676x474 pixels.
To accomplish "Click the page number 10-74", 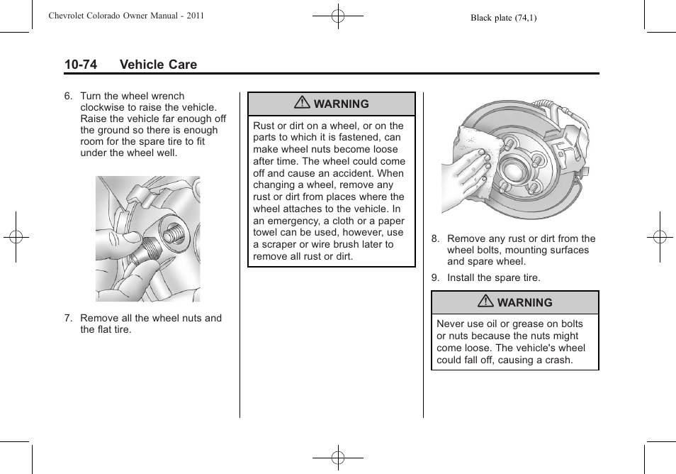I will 80,65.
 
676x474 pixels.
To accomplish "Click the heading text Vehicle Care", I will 158,65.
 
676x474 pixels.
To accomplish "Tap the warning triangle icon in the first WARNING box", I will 303,104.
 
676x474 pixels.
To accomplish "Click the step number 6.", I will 68,96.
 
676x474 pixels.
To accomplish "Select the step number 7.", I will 68,318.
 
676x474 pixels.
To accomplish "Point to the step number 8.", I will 435,238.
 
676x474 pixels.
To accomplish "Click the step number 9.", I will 435,277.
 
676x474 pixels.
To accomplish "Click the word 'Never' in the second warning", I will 451,324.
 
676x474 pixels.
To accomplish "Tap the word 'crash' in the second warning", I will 558,360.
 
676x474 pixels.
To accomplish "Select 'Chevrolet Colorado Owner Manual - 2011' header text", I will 126,15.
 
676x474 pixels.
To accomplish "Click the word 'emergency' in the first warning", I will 294,221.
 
